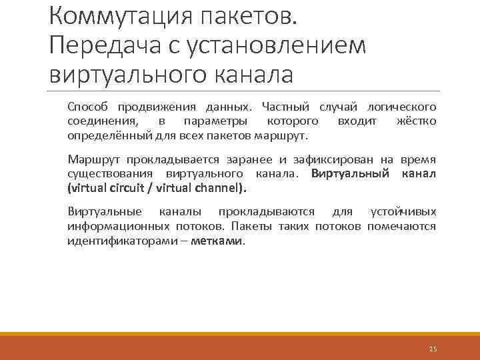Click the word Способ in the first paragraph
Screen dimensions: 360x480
(89, 107)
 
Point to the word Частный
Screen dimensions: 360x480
(285, 107)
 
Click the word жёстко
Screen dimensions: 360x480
(416, 121)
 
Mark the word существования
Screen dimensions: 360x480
(109, 174)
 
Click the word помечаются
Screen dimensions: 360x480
(401, 226)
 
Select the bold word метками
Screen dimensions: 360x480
(217, 241)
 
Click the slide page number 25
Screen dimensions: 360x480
(433, 349)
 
